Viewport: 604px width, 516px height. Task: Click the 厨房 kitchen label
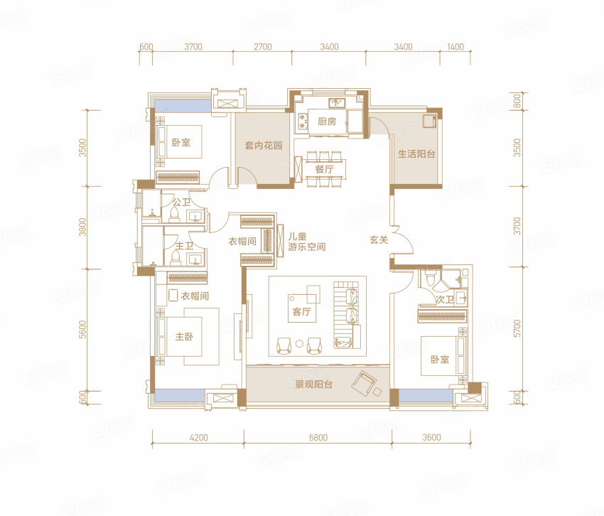click(327, 122)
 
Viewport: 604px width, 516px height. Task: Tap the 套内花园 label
click(264, 145)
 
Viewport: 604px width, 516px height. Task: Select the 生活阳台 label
click(416, 154)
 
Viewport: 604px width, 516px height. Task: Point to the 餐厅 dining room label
click(324, 169)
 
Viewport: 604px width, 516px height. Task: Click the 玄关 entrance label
click(379, 240)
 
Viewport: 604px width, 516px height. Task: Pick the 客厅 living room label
click(301, 311)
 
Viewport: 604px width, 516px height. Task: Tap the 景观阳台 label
click(313, 385)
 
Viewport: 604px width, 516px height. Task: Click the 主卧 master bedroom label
click(184, 336)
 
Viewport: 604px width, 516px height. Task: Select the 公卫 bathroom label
click(181, 202)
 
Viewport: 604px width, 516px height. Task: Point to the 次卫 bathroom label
click(445, 299)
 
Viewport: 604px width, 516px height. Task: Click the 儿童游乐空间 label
click(307, 242)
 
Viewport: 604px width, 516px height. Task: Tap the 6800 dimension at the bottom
click(318, 437)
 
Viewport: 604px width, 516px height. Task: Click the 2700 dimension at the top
click(263, 47)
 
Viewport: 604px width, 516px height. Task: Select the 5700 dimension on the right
click(517, 328)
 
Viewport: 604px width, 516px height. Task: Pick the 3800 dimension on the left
click(82, 227)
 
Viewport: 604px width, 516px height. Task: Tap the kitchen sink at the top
click(337, 103)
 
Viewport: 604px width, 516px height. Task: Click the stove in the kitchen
click(301, 119)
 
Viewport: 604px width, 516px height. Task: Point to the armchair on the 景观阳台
click(363, 382)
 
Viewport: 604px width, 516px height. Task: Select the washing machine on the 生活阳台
click(428, 120)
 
